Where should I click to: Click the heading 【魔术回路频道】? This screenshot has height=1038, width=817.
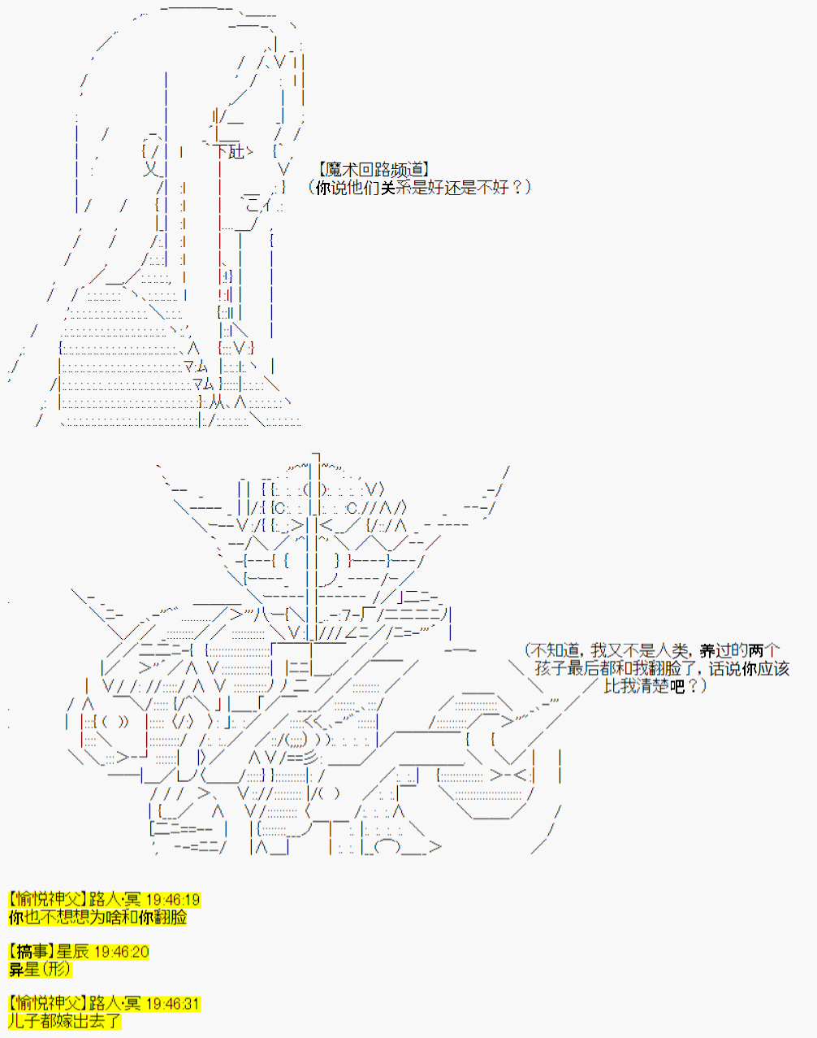point(374,170)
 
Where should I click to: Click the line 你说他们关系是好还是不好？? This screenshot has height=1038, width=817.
point(419,187)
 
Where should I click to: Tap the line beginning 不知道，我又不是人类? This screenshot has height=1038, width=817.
point(652,650)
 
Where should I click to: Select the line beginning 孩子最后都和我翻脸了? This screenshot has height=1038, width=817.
point(662,668)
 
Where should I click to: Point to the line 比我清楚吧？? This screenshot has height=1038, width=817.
point(655,686)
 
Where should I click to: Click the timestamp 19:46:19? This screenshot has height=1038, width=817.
point(173,900)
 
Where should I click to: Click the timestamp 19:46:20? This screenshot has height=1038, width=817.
point(122,952)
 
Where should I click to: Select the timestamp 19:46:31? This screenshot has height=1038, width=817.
point(172,1004)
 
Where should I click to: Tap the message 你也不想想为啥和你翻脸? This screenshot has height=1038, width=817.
point(97,917)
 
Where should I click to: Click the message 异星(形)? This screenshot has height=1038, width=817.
point(40,969)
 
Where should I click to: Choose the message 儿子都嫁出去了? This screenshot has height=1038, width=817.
point(65,1021)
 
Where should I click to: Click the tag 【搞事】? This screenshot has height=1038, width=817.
point(32,952)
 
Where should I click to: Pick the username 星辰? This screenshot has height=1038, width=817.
point(73,952)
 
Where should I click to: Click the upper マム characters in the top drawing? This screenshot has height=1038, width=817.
point(196,367)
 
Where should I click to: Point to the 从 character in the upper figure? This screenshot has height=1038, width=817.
point(217,402)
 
